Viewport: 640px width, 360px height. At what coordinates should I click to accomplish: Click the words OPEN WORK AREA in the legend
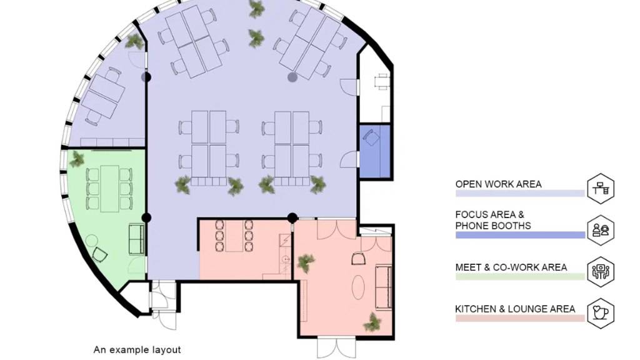pyautogui.click(x=498, y=184)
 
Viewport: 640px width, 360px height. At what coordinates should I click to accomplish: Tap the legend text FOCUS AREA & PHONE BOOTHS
pyautogui.click(x=493, y=220)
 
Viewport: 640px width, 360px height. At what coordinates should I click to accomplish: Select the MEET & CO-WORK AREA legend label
pyautogui.click(x=511, y=267)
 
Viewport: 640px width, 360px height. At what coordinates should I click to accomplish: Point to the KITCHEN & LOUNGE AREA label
pyautogui.click(x=515, y=309)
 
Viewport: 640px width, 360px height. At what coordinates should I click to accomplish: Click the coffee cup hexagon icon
pyautogui.click(x=601, y=313)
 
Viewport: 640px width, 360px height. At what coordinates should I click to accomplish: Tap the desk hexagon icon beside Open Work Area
pyautogui.click(x=601, y=189)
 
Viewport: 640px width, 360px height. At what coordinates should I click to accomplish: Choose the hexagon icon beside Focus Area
pyautogui.click(x=601, y=230)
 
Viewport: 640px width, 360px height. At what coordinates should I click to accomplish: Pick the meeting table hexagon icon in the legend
pyautogui.click(x=601, y=271)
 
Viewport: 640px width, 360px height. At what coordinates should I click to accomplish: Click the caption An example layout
pyautogui.click(x=137, y=350)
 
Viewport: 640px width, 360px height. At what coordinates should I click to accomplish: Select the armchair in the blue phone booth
pyautogui.click(x=371, y=137)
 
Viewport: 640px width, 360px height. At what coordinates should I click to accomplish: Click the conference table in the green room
pyautogui.click(x=109, y=189)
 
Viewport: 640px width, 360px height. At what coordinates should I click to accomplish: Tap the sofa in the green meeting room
pyautogui.click(x=137, y=239)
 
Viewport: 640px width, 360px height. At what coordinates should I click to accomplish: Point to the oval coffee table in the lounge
pyautogui.click(x=358, y=287)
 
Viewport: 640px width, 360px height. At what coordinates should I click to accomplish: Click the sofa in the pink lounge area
pyautogui.click(x=384, y=287)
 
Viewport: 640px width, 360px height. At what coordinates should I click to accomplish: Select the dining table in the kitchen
pyautogui.click(x=234, y=236)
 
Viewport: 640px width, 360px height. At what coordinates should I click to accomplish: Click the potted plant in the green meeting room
pyautogui.click(x=77, y=159)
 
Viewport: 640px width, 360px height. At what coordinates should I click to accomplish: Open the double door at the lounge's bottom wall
pyautogui.click(x=336, y=347)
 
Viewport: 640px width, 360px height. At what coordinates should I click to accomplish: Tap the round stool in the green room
pyautogui.click(x=92, y=241)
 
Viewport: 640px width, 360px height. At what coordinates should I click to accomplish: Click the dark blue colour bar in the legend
pyautogui.click(x=520, y=235)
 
